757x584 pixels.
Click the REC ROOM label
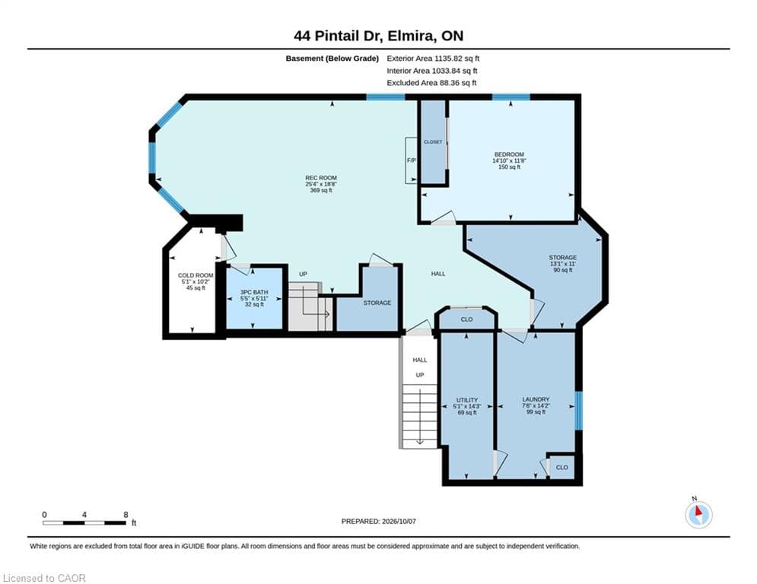coord(321,178)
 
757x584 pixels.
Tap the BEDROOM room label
coord(509,154)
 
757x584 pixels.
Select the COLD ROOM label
coord(196,275)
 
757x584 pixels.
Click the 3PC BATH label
coord(254,293)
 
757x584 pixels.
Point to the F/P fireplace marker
coord(412,160)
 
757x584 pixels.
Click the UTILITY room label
coord(467,400)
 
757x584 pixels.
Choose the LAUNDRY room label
coord(536,400)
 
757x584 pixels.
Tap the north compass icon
coord(698,514)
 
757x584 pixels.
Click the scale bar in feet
coord(84,522)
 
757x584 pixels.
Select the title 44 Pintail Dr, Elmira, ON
coord(379,36)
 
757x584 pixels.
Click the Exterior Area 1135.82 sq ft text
coord(433,59)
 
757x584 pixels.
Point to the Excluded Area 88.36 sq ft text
coord(431,83)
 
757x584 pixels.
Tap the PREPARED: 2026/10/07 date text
coord(379,521)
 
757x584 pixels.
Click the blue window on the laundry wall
coord(578,411)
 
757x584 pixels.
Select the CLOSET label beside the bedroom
coord(433,142)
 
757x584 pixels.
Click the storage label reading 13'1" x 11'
coord(563,264)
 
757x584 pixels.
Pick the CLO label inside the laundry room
coord(562,468)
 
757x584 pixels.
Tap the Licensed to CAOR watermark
coord(44,578)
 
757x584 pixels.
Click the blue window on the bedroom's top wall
coord(510,97)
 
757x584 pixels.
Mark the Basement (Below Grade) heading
coord(332,59)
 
